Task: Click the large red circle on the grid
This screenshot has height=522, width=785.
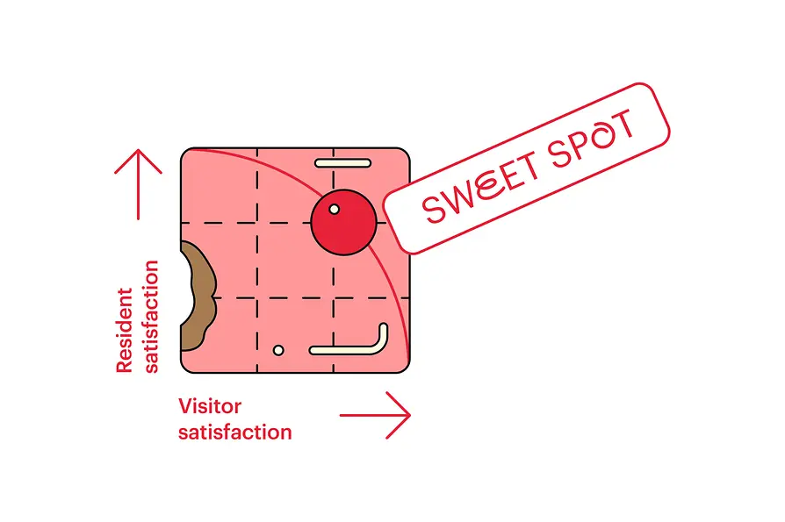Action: point(344,222)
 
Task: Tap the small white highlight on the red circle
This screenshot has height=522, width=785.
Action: point(334,209)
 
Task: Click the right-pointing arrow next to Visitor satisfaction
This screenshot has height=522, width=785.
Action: point(375,414)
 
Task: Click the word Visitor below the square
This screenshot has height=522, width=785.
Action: point(209,407)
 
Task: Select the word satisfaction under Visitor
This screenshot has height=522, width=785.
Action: point(234,432)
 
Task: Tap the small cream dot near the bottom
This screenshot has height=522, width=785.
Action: point(278,350)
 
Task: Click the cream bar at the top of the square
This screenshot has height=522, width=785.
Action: point(342,162)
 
